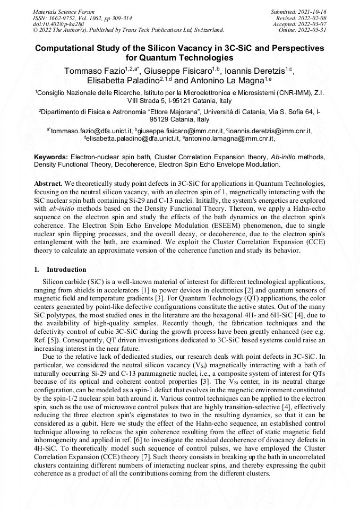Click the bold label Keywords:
click(x=51, y=158)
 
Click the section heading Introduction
click(x=66, y=270)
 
